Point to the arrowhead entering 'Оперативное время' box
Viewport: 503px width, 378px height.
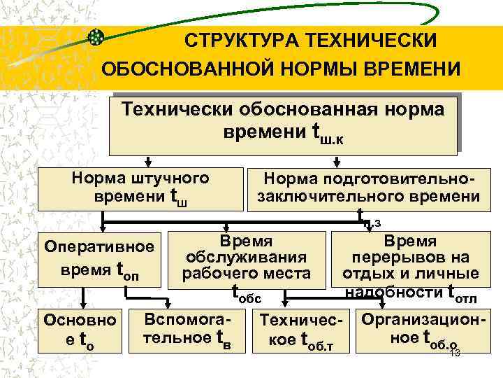(103, 230)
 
